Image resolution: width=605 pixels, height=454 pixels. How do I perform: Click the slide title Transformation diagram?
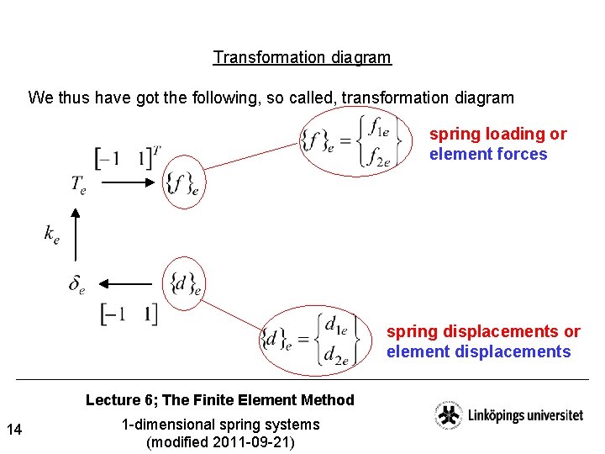[302, 58]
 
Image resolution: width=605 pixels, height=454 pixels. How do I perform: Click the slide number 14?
[13, 430]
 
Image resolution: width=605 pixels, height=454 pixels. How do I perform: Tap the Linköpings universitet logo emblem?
[447, 416]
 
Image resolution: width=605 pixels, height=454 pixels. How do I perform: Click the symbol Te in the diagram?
[78, 184]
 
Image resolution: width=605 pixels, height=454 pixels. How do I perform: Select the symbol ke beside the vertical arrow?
[52, 235]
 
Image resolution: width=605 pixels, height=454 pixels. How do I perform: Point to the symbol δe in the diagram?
[76, 286]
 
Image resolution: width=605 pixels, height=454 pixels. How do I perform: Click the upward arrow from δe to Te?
[76, 235]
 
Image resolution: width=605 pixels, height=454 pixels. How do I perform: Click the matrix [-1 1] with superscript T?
[127, 156]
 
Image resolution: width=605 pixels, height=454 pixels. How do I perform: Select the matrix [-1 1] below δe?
[129, 314]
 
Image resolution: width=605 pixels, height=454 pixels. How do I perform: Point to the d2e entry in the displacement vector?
[337, 356]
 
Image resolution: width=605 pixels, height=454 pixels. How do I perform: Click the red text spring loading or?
[497, 134]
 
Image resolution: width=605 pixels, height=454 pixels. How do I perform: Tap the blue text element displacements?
[478, 352]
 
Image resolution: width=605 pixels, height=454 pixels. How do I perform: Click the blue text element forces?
[487, 155]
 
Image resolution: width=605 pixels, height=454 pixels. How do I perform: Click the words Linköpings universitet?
[524, 415]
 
